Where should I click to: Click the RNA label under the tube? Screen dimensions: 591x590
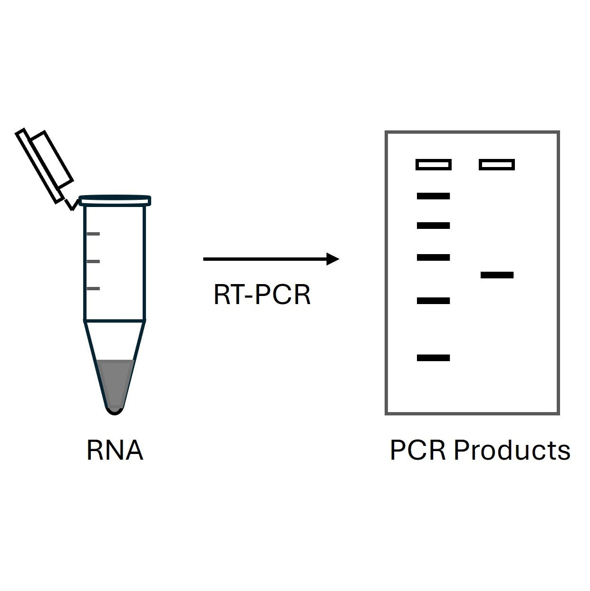tap(115, 450)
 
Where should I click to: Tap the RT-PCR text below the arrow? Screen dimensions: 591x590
tap(262, 295)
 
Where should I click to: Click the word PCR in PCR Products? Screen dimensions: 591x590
tap(418, 450)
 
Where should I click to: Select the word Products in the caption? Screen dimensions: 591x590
tap(512, 450)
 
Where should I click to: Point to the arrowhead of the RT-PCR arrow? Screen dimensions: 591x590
tap(333, 259)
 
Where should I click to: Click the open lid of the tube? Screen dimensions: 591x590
tap(45, 165)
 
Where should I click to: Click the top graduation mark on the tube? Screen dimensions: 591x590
tap(93, 234)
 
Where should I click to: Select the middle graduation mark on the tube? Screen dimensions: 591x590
tap(93, 261)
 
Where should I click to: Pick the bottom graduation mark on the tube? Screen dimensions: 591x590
tap(93, 288)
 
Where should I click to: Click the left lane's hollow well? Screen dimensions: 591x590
tap(433, 165)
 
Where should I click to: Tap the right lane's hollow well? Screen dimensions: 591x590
tap(497, 165)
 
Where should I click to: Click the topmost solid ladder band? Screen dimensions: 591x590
tap(433, 196)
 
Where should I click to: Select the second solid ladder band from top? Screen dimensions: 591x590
tap(433, 226)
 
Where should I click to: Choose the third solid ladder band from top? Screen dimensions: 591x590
tap(433, 257)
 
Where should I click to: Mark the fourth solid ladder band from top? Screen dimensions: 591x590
tap(433, 301)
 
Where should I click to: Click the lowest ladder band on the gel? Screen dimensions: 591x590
tap(433, 358)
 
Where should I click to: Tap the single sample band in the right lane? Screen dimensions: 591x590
tap(497, 275)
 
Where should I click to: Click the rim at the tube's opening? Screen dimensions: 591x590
tap(115, 200)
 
